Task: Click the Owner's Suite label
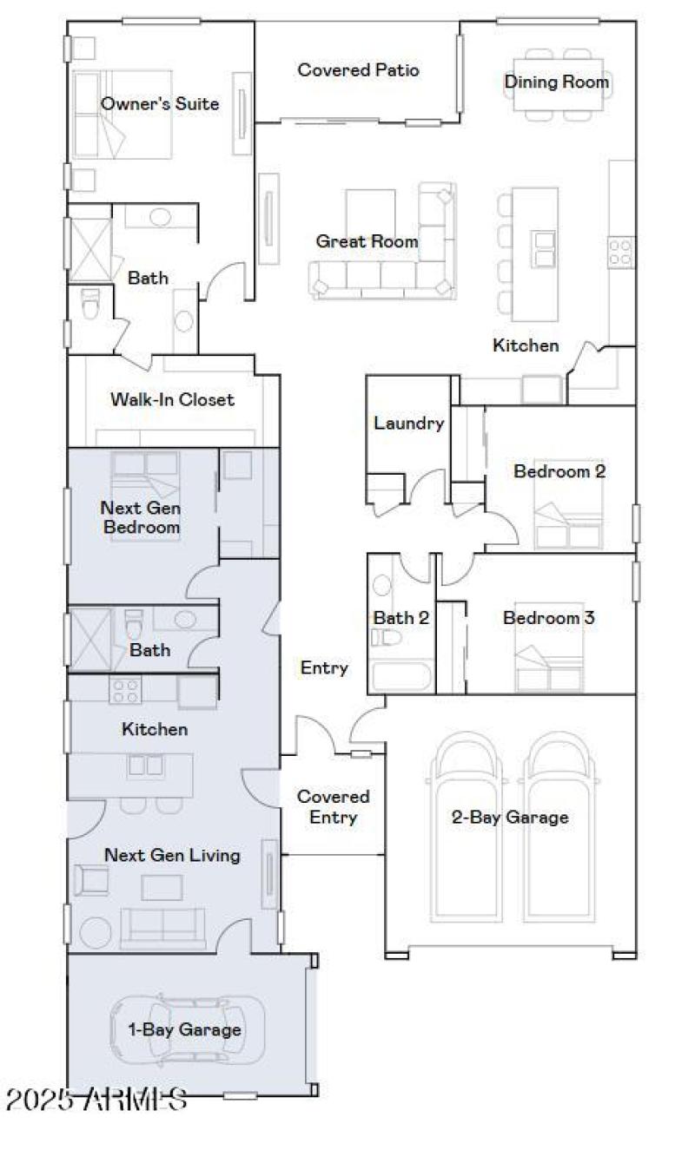tap(160, 104)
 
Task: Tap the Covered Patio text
tap(358, 69)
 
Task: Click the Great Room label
tap(367, 241)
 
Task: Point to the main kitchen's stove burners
tap(620, 252)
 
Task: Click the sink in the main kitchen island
tap(544, 248)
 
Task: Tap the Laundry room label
tap(409, 424)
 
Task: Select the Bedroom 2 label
tap(559, 471)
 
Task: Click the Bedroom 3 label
tap(548, 618)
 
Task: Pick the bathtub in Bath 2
tap(401, 677)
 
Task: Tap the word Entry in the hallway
tap(324, 667)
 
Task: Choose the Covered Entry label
tap(334, 806)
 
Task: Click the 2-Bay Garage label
tap(510, 817)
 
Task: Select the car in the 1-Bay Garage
tap(187, 1030)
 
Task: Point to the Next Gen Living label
tap(172, 855)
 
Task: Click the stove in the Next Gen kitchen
tap(124, 691)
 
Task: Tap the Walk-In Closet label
tap(172, 399)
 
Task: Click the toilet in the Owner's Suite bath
tap(90, 304)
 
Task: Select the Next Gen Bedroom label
tap(141, 516)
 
